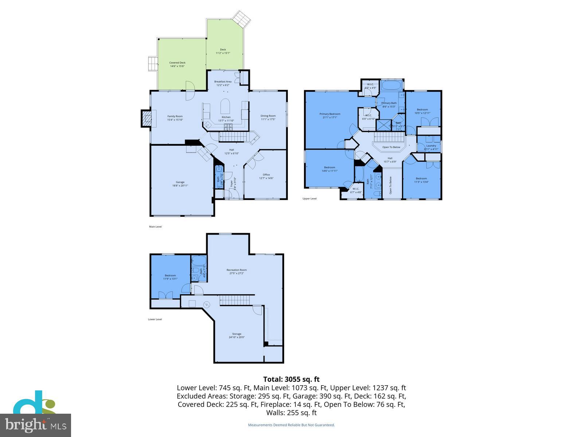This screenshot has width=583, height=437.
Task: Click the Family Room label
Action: [175, 116]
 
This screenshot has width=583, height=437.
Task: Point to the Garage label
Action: [180, 182]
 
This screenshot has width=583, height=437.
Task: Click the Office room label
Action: [266, 174]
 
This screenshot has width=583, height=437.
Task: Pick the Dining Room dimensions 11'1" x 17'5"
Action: [268, 119]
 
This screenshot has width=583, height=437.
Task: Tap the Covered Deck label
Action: [177, 63]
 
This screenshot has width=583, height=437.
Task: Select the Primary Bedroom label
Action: [330, 114]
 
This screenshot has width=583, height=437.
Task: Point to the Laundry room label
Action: [431, 146]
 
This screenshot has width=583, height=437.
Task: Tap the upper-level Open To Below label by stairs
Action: [391, 147]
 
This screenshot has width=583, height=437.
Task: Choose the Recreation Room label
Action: [236, 270]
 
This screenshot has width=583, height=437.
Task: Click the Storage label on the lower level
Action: [236, 334]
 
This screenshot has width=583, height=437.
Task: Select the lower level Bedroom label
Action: [170, 275]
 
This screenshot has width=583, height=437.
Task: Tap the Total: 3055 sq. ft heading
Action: [291, 379]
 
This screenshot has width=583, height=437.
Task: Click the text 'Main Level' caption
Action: [155, 227]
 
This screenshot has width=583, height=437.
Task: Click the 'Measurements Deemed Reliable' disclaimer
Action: [291, 425]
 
